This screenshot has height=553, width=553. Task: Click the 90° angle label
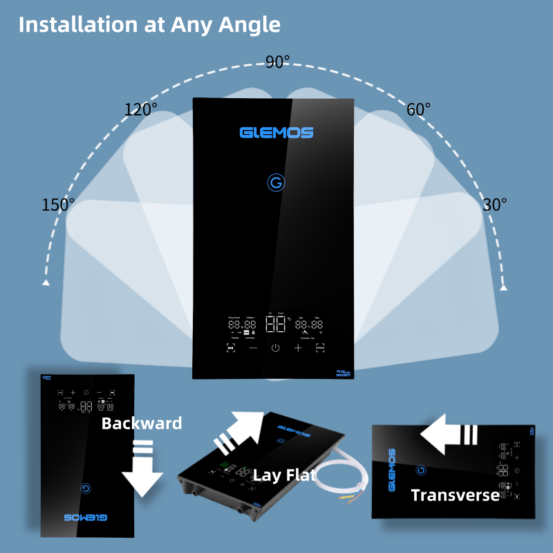pyautogui.click(x=277, y=62)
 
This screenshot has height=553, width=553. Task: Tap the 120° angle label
pyautogui.click(x=140, y=109)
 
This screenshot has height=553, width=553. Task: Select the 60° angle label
pyautogui.click(x=418, y=109)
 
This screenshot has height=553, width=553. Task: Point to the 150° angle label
pyautogui.click(x=58, y=205)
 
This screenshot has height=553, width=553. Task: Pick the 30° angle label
pyautogui.click(x=494, y=205)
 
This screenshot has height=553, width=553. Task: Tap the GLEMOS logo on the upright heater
pyautogui.click(x=276, y=132)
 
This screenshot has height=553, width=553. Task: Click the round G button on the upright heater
pyautogui.click(x=276, y=183)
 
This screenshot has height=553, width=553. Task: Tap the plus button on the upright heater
pyautogui.click(x=298, y=348)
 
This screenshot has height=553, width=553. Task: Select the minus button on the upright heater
pyautogui.click(x=253, y=348)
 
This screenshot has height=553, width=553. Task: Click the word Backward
pyautogui.click(x=142, y=423)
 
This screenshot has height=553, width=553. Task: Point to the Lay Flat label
pyautogui.click(x=285, y=475)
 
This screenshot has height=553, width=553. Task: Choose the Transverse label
pyautogui.click(x=455, y=495)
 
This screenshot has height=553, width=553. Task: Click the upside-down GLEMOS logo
pyautogui.click(x=85, y=516)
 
